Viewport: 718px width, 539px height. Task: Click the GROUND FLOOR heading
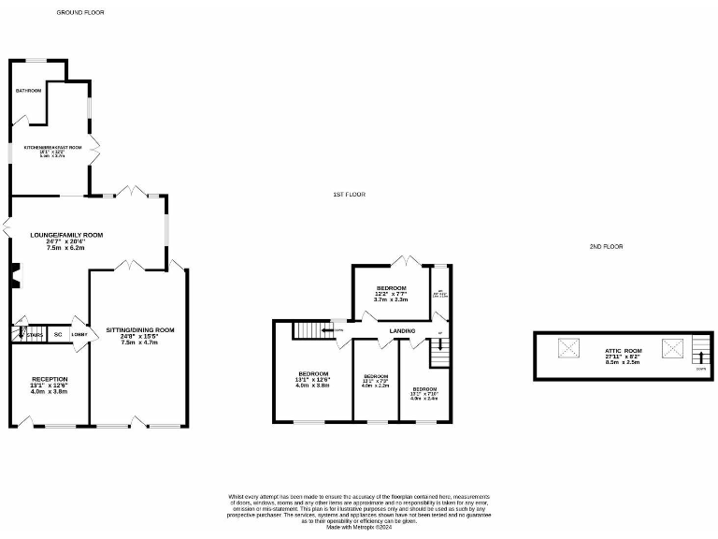(80, 13)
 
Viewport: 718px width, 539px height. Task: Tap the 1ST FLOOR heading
(349, 195)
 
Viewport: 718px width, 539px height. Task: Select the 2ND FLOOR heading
(606, 246)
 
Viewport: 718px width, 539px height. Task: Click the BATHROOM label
(28, 91)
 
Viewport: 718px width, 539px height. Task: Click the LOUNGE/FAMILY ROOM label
(66, 235)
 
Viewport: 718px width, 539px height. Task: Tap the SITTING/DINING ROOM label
(140, 330)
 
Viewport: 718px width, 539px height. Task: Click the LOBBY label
(79, 334)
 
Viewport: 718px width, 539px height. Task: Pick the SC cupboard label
(57, 334)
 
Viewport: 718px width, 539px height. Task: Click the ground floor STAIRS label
(35, 334)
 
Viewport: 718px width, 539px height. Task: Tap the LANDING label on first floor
(402, 330)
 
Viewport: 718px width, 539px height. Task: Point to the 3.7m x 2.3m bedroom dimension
(392, 299)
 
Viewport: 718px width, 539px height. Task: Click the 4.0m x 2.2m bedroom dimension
(374, 385)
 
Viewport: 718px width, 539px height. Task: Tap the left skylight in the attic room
(567, 350)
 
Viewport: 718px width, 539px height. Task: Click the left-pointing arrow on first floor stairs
(328, 329)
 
